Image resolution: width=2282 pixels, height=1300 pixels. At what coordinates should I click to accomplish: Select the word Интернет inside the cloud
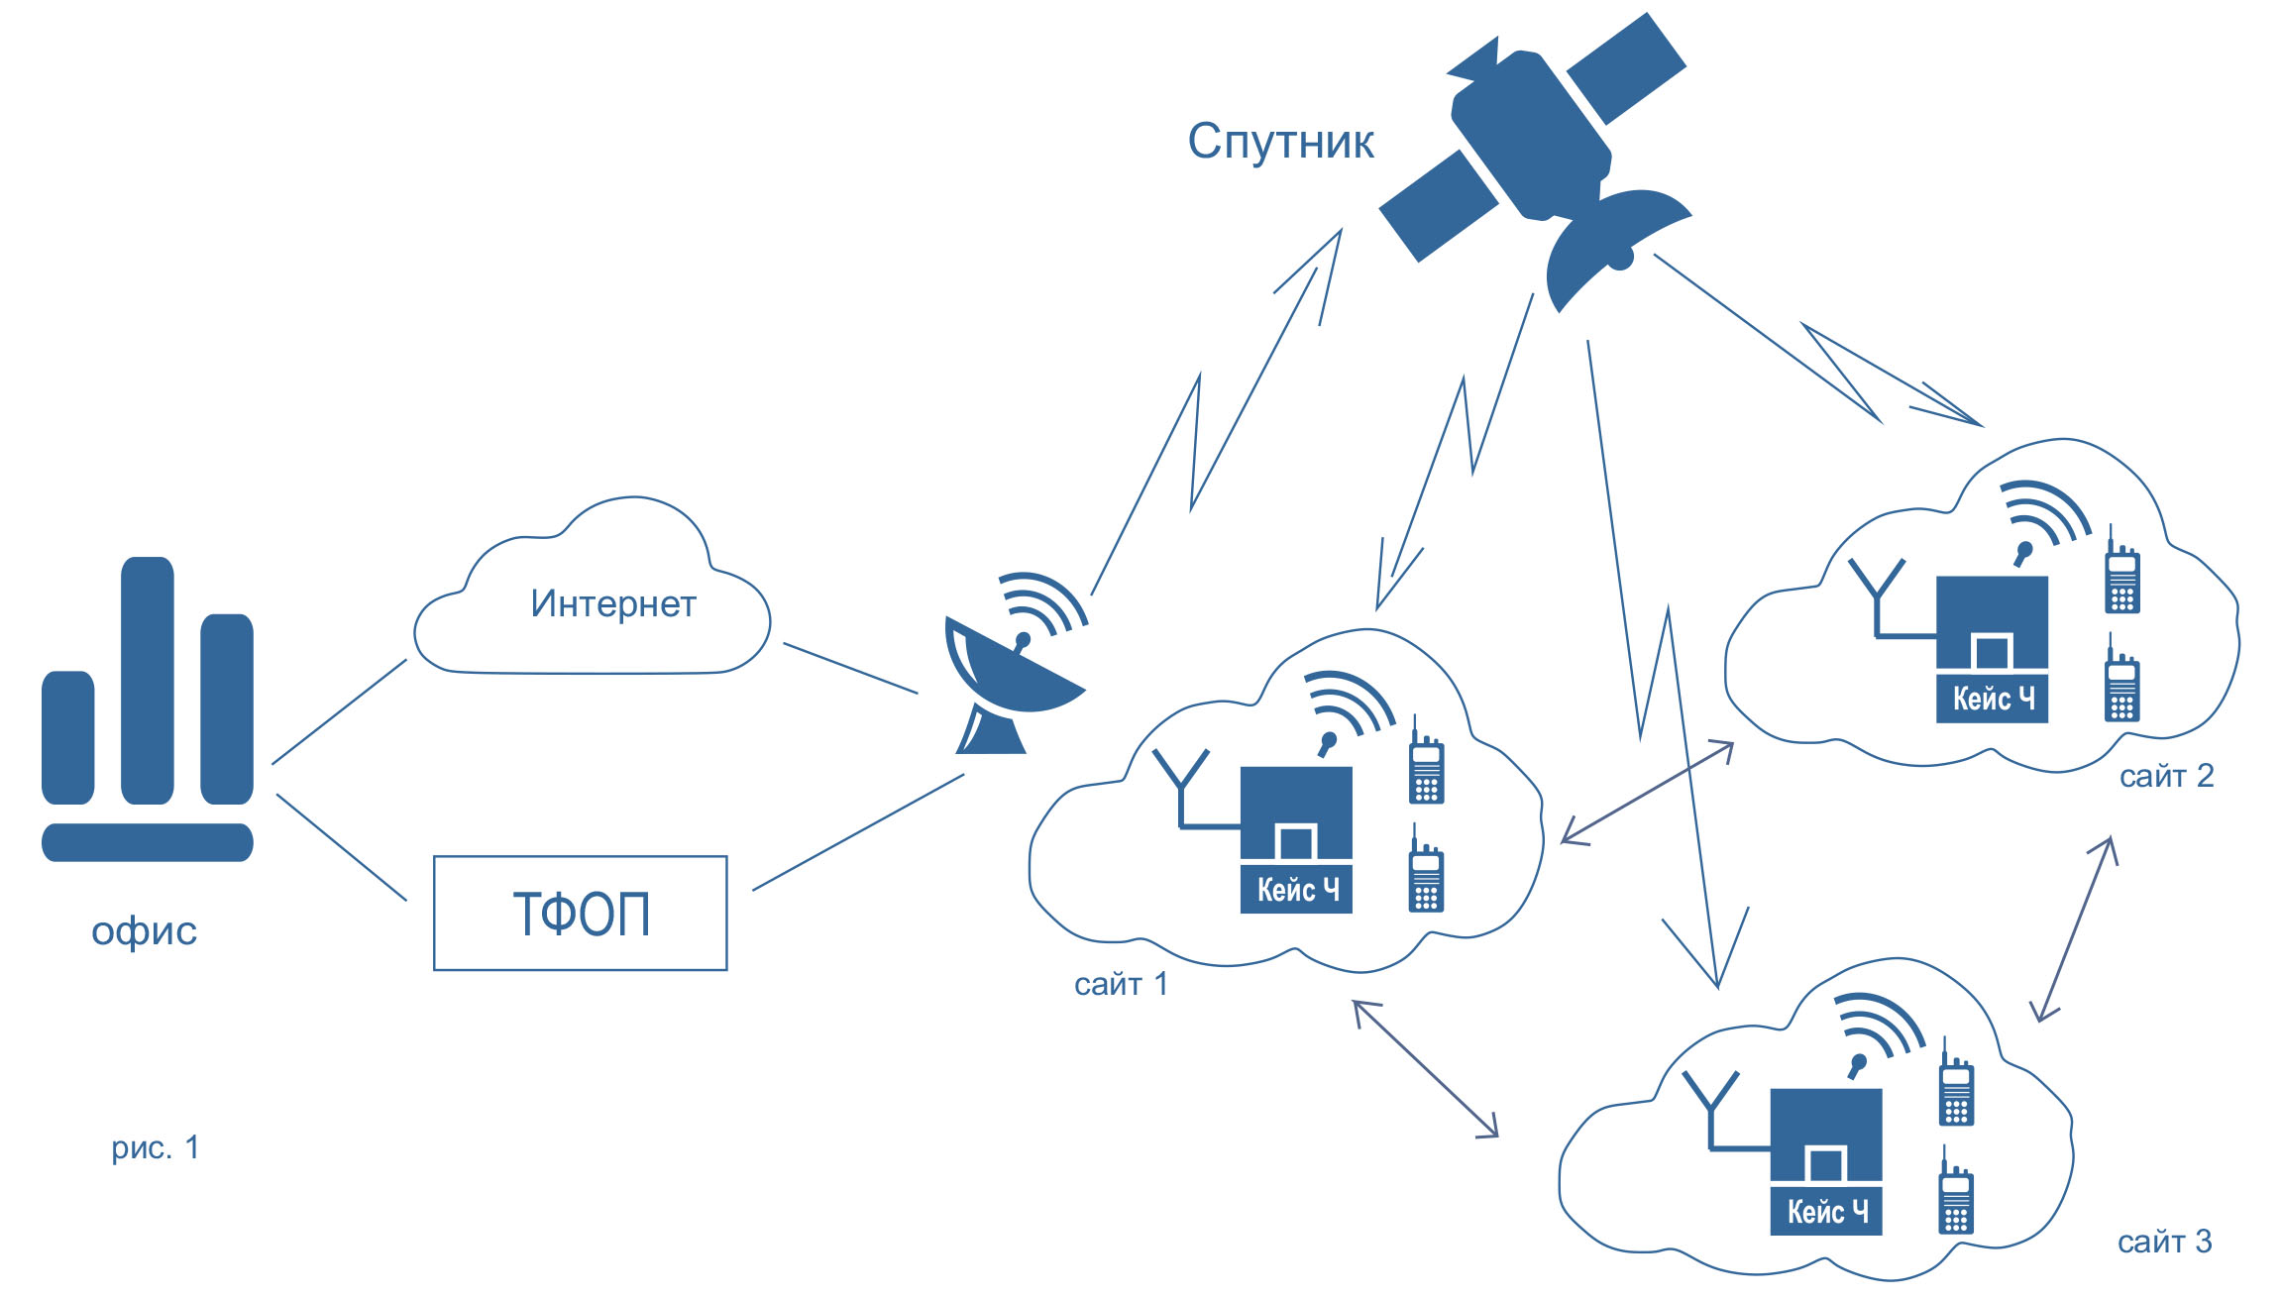[613, 603]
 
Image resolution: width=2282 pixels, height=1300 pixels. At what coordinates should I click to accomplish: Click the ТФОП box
[581, 913]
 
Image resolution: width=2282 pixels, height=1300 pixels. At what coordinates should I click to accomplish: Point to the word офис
[145, 930]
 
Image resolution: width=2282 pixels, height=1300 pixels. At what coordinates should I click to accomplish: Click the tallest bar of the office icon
[148, 680]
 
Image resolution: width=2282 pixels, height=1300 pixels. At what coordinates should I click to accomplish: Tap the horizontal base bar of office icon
[148, 842]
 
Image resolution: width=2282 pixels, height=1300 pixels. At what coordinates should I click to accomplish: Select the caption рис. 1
[156, 1147]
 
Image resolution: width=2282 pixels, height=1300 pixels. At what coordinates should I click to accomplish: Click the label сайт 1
[1121, 984]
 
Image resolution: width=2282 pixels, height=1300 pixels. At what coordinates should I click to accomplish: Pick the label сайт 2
[2166, 776]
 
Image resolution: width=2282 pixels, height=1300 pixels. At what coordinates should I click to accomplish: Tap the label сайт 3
[2164, 1242]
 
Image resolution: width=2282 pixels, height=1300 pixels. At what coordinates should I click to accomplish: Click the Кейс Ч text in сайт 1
[1297, 890]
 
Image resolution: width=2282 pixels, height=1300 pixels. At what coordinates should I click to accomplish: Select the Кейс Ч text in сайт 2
[1993, 699]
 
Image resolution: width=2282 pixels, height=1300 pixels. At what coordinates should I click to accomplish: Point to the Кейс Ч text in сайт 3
[1826, 1212]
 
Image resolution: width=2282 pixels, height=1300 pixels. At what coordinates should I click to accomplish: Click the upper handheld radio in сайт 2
[2122, 574]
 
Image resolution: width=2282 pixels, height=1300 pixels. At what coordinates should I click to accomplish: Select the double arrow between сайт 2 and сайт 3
[2075, 928]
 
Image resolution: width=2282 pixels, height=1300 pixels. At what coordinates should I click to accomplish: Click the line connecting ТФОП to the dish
[858, 832]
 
